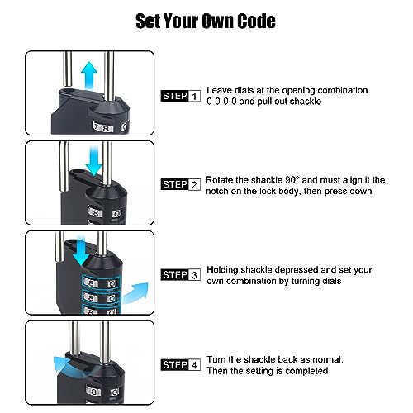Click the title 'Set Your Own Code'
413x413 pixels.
coord(206,20)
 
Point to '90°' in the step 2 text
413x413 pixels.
coord(286,178)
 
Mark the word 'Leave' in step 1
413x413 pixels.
coord(220,90)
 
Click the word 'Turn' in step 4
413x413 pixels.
coord(216,359)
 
